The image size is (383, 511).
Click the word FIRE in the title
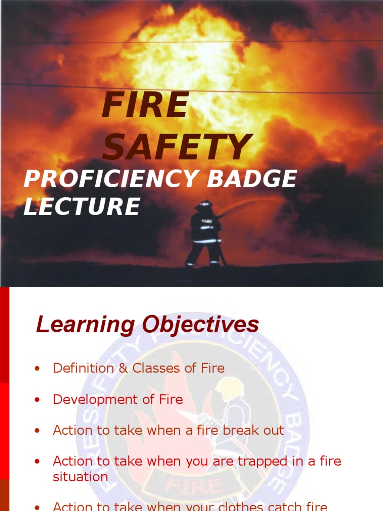tap(145, 106)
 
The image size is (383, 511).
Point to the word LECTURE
tap(82, 207)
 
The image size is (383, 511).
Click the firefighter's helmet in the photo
tap(204, 204)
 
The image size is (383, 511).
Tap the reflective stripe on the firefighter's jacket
tap(205, 240)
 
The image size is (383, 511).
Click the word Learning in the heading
tap(85, 325)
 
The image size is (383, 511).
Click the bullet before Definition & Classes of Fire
tap(37, 369)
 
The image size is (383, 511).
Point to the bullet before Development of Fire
tap(37, 400)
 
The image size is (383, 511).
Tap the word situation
tap(80, 477)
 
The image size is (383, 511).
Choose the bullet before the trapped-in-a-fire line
tap(37, 462)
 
